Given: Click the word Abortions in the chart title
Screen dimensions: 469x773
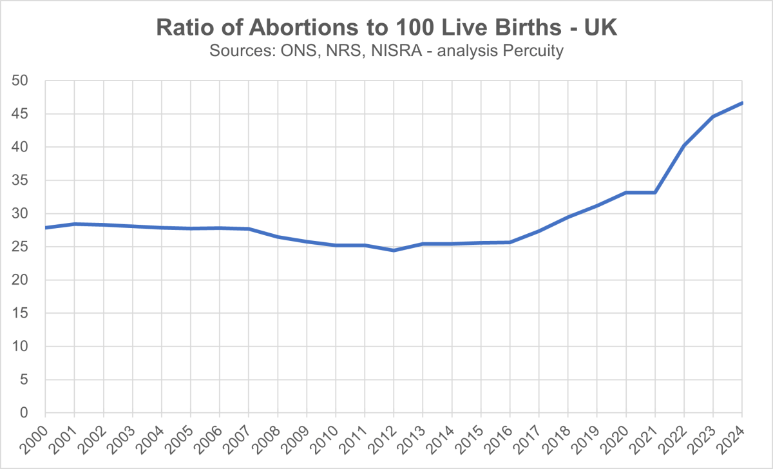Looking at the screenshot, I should tap(287, 28).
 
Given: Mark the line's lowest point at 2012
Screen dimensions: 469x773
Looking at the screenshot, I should tap(394, 250).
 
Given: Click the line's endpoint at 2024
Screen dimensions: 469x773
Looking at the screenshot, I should tap(742, 103).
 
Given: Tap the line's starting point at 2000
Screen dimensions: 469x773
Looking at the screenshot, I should tap(45, 227).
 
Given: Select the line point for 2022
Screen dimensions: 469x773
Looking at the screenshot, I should tap(684, 146).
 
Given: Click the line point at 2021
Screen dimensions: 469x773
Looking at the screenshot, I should tap(655, 192).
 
